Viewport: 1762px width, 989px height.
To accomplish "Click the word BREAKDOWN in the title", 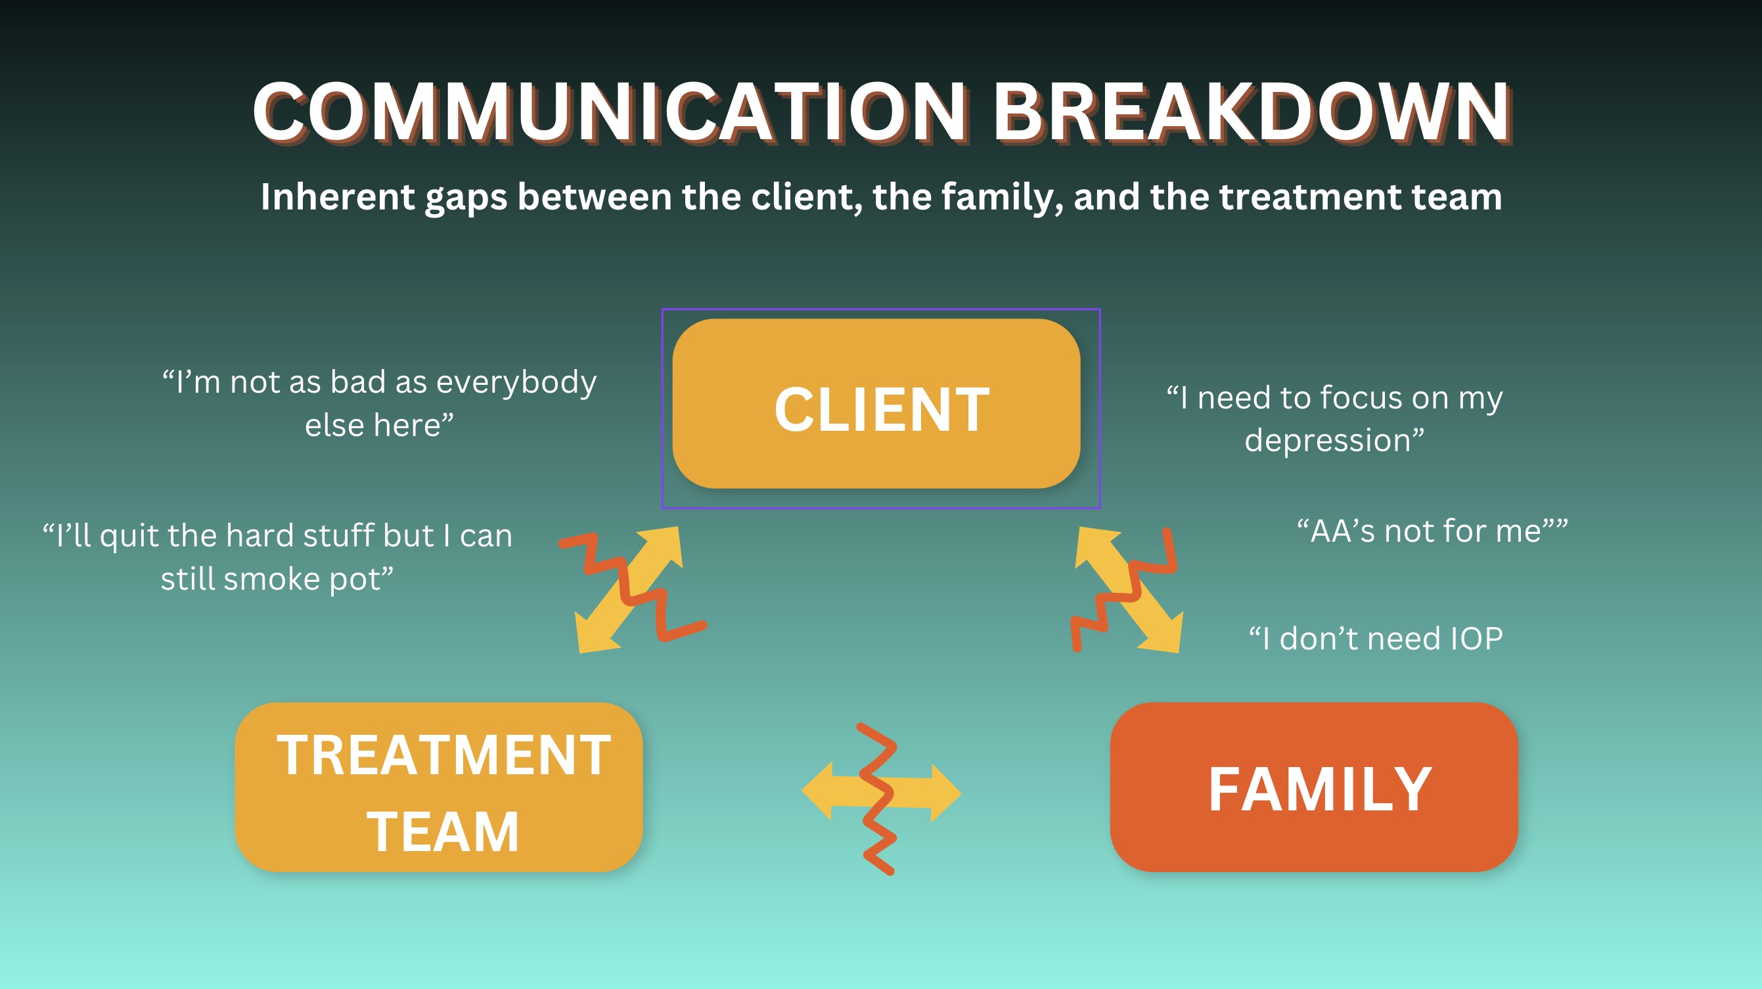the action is [x=1252, y=112].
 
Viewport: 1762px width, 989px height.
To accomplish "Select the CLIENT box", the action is [x=876, y=403].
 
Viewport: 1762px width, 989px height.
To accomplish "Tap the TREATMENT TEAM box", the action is [x=438, y=787].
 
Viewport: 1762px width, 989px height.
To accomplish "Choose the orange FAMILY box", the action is [x=1314, y=787].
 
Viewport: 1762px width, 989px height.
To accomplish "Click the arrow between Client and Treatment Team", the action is [x=629, y=590].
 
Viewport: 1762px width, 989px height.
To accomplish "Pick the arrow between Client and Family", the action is [x=1129, y=590].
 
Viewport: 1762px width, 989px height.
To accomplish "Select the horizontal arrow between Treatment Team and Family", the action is [x=882, y=791].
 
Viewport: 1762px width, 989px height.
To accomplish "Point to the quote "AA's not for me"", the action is [x=1432, y=531].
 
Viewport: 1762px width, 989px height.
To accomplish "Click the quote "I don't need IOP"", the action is [x=1376, y=639].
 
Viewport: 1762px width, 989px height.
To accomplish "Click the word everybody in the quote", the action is [x=516, y=382].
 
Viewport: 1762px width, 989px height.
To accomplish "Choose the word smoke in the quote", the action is [x=272, y=579].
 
